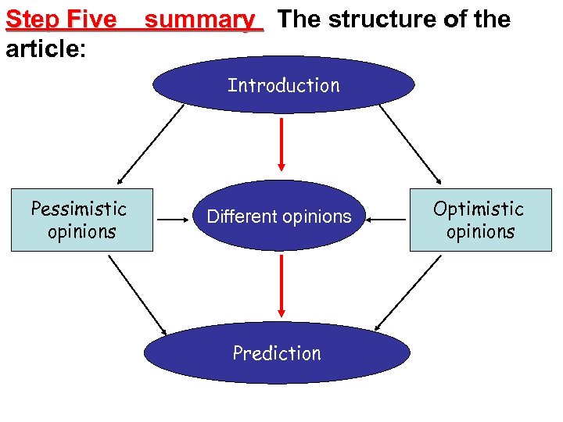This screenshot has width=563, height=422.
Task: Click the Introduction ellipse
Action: [x=283, y=85]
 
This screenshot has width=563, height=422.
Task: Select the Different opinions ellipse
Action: [x=279, y=216]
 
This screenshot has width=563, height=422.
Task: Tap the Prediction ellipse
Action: [x=277, y=353]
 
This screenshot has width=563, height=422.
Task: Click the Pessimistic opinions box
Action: [x=82, y=220]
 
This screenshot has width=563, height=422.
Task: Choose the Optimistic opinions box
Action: [x=480, y=220]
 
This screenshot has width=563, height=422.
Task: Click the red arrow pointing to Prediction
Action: [x=281, y=286]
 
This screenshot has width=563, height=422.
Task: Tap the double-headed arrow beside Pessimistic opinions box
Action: [x=171, y=220]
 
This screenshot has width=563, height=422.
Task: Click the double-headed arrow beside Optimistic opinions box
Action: [x=386, y=220]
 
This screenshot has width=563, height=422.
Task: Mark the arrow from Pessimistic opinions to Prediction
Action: [x=138, y=294]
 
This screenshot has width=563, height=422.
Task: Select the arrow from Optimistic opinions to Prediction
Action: [x=408, y=293]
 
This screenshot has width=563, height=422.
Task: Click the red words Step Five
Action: [x=61, y=20]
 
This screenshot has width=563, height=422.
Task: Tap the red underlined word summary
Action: [x=204, y=20]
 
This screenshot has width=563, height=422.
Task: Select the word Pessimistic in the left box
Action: [x=78, y=209]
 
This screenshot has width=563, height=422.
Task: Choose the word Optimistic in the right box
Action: [x=479, y=209]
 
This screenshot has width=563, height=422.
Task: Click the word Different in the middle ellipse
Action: [x=238, y=216]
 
